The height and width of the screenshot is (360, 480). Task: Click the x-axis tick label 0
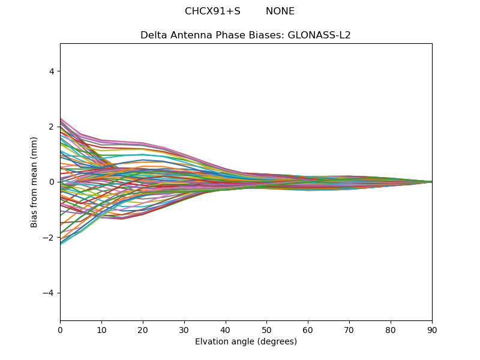(x=60, y=329)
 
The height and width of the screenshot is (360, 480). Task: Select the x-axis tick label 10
(x=101, y=329)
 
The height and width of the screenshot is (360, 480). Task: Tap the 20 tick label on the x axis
(x=143, y=329)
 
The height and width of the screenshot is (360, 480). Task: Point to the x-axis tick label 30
(x=184, y=329)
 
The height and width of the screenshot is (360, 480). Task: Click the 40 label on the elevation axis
(x=226, y=329)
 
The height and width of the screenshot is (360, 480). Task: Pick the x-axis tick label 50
(x=266, y=329)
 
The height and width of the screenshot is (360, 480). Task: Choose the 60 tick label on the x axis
(x=308, y=329)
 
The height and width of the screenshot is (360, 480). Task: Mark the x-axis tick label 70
(x=349, y=329)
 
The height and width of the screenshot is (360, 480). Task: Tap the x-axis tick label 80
(x=391, y=329)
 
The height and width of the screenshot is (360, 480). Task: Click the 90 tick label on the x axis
(x=432, y=329)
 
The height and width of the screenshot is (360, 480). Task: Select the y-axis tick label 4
(x=52, y=71)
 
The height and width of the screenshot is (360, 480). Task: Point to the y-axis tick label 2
(x=52, y=127)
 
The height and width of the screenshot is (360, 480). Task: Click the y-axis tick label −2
(x=49, y=238)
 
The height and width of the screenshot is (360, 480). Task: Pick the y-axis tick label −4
(x=49, y=293)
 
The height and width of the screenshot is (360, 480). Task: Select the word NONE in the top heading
(x=280, y=11)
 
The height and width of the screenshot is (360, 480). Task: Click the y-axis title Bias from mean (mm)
(x=34, y=182)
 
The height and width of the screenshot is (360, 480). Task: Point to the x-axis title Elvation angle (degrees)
(x=246, y=342)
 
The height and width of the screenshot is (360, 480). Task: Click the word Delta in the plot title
(x=154, y=35)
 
